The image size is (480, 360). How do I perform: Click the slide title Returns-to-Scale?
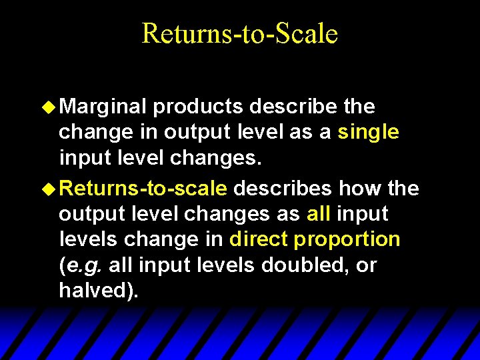pyautogui.click(x=240, y=33)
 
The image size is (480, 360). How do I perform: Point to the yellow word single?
pyautogui.click(x=369, y=132)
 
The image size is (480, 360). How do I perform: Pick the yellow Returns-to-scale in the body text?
pyautogui.click(x=143, y=189)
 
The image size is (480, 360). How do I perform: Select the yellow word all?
pyautogui.click(x=318, y=214)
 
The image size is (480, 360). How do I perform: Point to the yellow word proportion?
pyautogui.click(x=347, y=240)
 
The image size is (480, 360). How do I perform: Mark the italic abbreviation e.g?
pyautogui.click(x=83, y=265)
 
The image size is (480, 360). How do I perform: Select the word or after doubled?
pyautogui.click(x=367, y=265)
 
